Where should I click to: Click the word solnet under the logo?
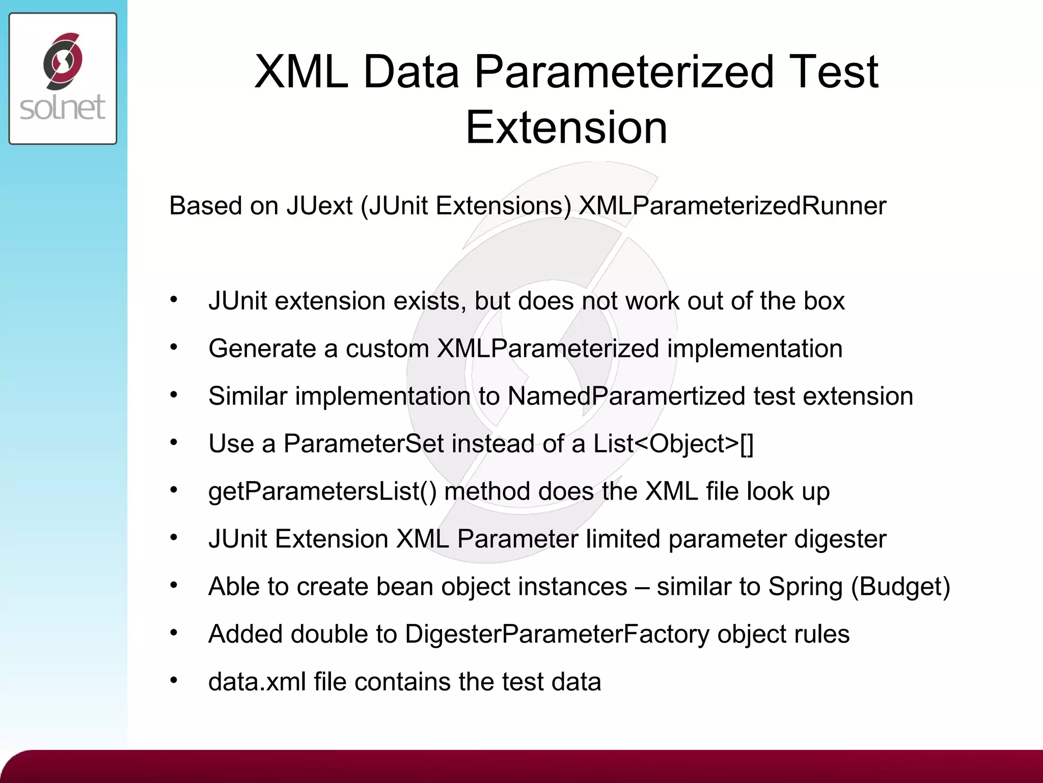63,108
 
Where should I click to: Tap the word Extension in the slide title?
566,127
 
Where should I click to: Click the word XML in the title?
300,72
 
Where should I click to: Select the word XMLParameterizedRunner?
732,206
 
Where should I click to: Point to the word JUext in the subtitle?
319,206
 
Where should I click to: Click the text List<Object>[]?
673,443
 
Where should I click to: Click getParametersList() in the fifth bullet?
322,491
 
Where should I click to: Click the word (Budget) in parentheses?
900,586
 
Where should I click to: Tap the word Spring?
805,586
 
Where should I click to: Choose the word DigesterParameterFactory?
557,634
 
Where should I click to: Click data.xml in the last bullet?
257,682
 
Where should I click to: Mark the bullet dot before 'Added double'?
174,633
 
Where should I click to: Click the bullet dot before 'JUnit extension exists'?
174,300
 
